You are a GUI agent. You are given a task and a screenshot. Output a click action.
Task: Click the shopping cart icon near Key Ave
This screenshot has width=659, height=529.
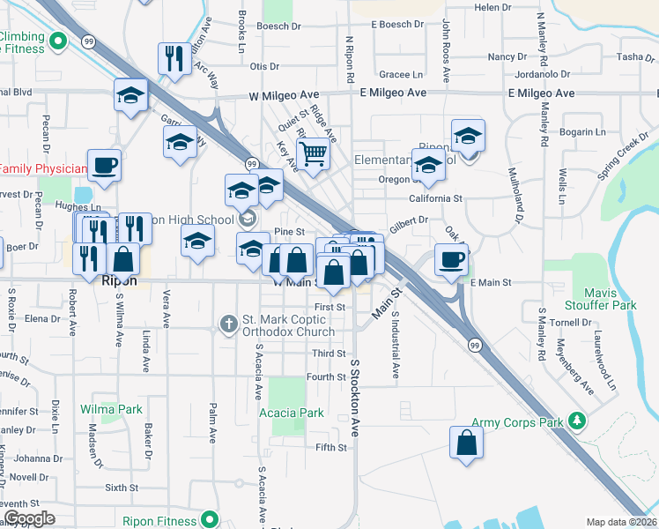[x=313, y=154]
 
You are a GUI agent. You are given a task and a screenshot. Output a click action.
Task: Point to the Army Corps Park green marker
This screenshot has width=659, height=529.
[x=577, y=421]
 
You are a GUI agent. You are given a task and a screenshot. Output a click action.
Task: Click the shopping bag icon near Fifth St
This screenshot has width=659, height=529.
[x=465, y=443]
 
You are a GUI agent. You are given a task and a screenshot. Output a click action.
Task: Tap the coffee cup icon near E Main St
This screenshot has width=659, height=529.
[x=451, y=260]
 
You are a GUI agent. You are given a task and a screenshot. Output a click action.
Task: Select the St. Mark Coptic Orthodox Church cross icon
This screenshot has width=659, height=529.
[x=228, y=324]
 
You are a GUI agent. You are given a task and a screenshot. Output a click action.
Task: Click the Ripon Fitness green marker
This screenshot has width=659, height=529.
[x=209, y=518]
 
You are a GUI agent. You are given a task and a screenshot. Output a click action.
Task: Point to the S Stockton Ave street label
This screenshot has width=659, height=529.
[x=356, y=399]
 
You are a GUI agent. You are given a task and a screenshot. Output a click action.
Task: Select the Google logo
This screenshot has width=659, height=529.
[x=29, y=518]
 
